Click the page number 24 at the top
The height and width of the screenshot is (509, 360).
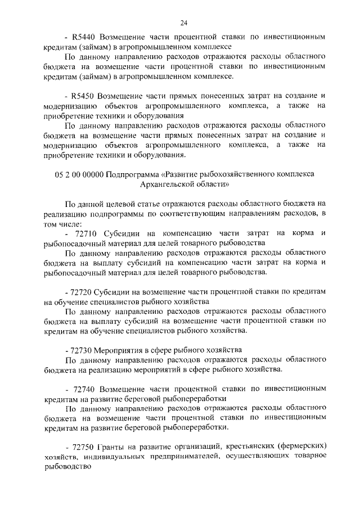coord(183,22)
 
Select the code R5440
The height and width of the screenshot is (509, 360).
coord(85,37)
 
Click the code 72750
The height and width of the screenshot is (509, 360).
coord(84,447)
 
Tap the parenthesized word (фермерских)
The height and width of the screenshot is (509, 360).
coord(307,447)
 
